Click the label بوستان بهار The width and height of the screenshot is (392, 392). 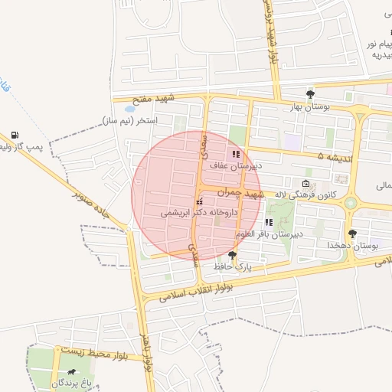coord(305,107)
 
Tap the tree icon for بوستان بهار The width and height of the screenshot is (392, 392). coord(310,94)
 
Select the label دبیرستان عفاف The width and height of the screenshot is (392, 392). coord(237,165)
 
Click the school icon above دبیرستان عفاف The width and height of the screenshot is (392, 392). coord(236,154)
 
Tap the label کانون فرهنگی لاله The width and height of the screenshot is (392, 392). coord(280,194)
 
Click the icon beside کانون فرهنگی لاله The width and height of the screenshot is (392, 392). coord(307,184)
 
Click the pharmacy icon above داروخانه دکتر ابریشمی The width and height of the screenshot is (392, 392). coord(200,201)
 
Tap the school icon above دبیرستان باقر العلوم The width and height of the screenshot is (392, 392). coord(269,222)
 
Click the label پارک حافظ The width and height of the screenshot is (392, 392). coord(233,266)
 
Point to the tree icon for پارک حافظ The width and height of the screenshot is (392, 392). coord(233,255)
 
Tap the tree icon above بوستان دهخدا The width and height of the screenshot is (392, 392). coord(352,234)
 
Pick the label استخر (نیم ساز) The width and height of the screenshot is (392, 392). coord(129,121)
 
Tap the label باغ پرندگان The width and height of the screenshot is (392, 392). coord(71,381)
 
